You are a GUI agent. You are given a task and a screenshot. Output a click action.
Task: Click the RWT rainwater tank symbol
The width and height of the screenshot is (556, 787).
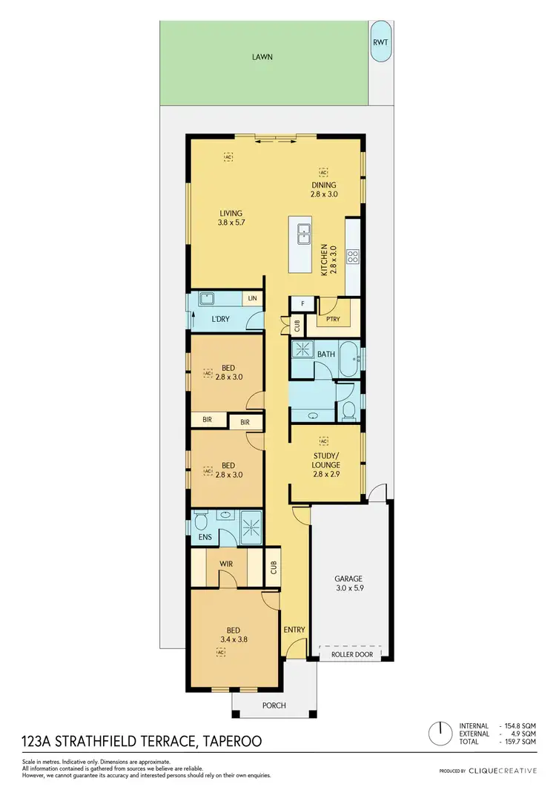(x=381, y=42)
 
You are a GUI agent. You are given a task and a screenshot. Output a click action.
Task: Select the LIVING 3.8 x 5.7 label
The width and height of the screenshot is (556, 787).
(x=231, y=217)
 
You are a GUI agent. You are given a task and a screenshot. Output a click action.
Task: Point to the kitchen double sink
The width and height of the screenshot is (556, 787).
(x=304, y=234)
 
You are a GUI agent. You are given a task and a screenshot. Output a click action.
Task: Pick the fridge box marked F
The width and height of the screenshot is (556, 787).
(x=301, y=303)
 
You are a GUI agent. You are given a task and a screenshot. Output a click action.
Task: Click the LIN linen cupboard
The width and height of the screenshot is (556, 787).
(x=253, y=298)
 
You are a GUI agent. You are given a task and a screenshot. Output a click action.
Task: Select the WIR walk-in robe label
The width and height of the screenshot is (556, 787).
(x=226, y=564)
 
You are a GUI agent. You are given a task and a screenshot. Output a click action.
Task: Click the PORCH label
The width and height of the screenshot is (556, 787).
(x=274, y=705)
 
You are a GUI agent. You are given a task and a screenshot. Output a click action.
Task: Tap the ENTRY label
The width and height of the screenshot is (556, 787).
(x=294, y=630)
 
